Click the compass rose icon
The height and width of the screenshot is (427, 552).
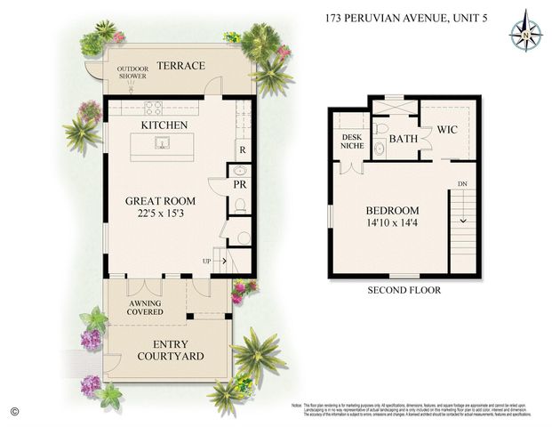coord(525,30)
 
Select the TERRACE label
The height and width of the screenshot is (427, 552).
coord(180,66)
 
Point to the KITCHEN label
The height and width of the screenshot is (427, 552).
coord(164,125)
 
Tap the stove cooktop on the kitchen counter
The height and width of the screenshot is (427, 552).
coord(153,109)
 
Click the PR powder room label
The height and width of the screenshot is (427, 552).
coord(240,185)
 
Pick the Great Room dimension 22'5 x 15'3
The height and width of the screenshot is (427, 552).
coord(160,214)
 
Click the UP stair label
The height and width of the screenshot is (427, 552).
coord(207,261)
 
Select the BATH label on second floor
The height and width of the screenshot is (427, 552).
coord(403,139)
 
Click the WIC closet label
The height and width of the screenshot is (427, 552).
coord(447,130)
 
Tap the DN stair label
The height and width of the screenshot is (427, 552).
coord(461,185)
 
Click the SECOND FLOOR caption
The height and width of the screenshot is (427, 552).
coord(404,290)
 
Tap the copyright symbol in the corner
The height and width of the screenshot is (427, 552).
coord(13,410)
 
